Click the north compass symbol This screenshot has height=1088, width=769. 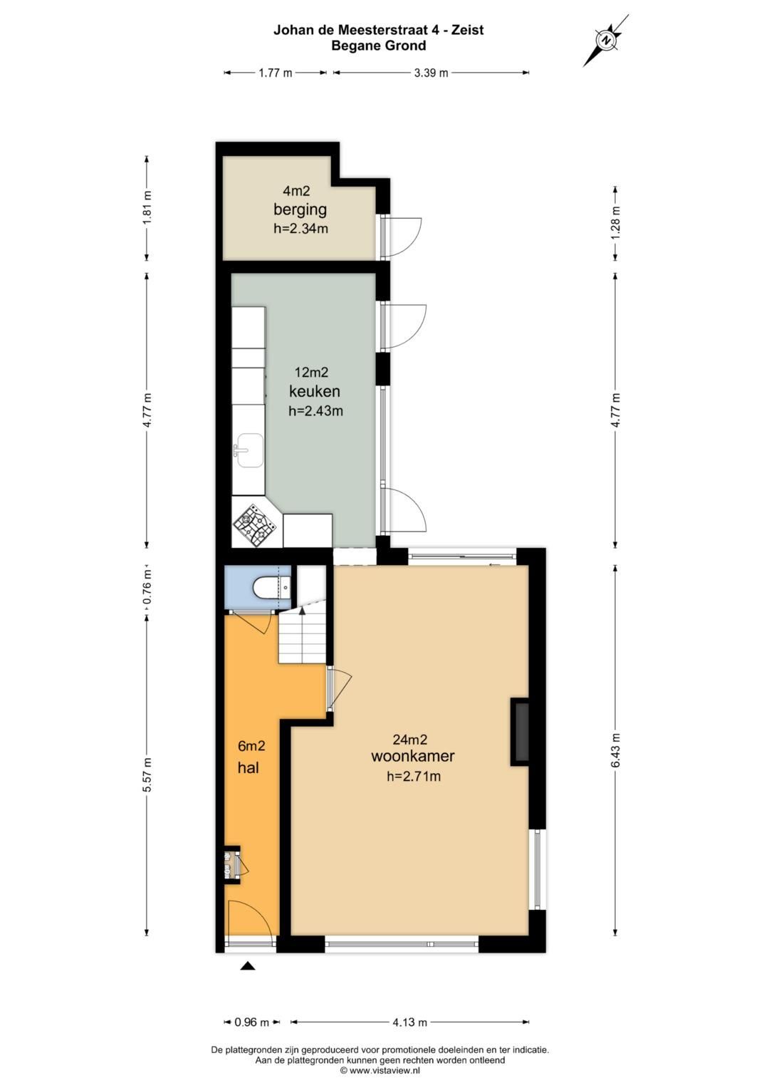(606, 41)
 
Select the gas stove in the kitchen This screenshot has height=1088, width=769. (256, 524)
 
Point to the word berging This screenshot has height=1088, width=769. (300, 210)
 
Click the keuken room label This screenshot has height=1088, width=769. (314, 391)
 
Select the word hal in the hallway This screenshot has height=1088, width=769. (248, 767)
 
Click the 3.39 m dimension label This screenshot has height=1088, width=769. (430, 73)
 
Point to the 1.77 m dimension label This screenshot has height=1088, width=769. (275, 73)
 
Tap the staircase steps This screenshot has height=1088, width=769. (301, 635)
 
